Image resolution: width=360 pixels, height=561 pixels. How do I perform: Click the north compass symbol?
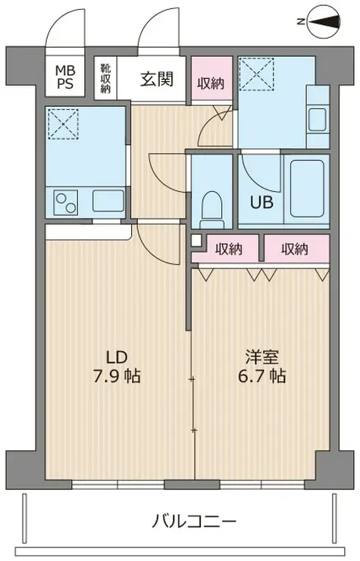(x=324, y=21)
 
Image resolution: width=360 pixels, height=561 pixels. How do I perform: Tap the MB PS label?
(x=64, y=77)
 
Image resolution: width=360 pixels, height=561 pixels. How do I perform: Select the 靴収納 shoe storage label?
(x=105, y=78)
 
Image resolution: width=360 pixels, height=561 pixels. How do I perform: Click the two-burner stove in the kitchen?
(x=66, y=202)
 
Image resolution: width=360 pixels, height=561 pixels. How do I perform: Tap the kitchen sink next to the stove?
(x=108, y=201)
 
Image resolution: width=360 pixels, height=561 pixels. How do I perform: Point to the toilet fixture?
(x=212, y=210)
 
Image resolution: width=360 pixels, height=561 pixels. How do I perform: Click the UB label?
(x=261, y=202)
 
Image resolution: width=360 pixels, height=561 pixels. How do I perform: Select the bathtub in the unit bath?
(x=308, y=189)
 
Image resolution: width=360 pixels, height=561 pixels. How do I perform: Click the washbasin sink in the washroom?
(x=317, y=119)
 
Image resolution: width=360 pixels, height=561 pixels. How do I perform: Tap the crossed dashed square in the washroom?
(x=256, y=75)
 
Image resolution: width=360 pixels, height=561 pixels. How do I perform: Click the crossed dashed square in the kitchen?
(x=63, y=124)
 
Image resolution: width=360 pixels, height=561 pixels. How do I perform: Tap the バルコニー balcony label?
(x=194, y=521)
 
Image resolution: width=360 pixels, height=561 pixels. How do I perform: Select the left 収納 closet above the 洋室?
(x=229, y=249)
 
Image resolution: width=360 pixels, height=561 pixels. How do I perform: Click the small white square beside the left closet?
(x=196, y=240)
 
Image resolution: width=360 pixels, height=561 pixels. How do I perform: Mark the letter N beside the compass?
(x=301, y=22)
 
